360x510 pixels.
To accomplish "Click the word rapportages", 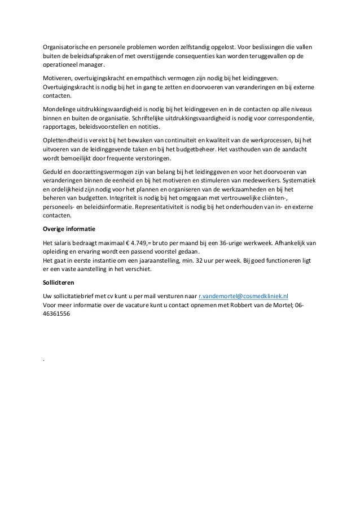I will tap(61, 128).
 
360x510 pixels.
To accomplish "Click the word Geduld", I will tap(54, 171).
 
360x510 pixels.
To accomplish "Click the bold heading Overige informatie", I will tap(69, 230).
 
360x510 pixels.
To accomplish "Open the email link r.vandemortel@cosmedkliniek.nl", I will tap(244, 295).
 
